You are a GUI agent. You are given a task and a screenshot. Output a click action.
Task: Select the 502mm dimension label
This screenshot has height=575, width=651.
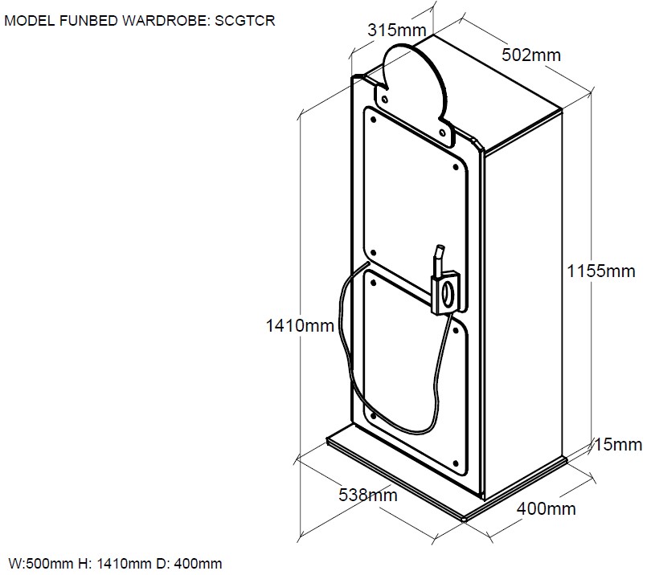[530, 55]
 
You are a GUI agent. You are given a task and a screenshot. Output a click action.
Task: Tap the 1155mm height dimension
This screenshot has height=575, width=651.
[600, 271]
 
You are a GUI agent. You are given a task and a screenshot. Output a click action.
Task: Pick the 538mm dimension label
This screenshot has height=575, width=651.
[367, 495]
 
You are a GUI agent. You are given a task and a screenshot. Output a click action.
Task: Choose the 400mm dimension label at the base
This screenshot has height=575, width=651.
[546, 508]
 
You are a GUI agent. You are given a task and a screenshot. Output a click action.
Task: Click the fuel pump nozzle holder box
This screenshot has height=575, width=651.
[447, 292]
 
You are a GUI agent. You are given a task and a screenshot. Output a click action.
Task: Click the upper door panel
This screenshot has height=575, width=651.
[414, 193]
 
